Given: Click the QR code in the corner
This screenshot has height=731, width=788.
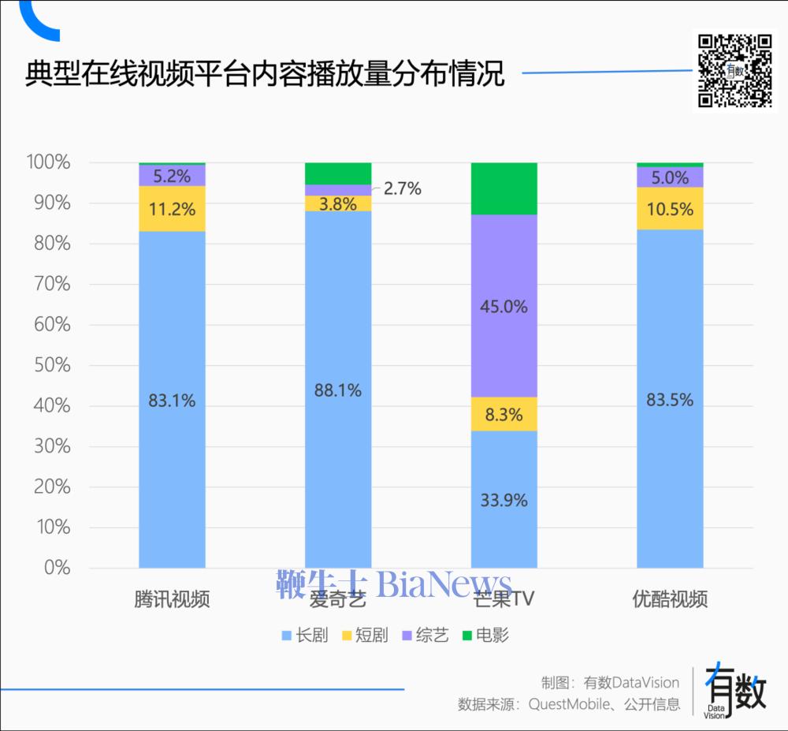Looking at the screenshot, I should [734, 71].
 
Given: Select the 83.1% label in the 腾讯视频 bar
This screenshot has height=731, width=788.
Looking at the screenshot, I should [172, 401].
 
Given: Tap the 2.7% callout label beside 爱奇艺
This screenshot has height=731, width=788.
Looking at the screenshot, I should [403, 188].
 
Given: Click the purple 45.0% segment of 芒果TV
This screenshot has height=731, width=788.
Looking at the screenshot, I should [504, 306].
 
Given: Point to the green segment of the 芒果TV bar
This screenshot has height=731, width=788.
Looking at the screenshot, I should [504, 188].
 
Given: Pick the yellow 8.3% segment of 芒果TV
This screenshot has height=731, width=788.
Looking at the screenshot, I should [504, 414].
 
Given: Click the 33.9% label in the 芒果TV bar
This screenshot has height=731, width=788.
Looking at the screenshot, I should [504, 500].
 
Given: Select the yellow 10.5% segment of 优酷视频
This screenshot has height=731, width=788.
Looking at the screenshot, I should [670, 209].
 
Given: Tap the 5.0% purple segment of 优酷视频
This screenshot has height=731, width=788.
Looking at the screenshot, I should [670, 177].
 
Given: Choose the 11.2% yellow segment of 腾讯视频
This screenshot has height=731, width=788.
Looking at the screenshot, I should [172, 209].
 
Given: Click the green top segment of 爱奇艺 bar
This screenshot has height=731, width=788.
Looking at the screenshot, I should [338, 173].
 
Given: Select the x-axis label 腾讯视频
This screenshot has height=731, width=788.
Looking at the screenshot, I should [172, 599].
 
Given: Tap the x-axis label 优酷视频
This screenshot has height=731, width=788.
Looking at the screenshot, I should [670, 599].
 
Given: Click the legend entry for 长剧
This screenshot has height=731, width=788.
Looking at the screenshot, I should [304, 636].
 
